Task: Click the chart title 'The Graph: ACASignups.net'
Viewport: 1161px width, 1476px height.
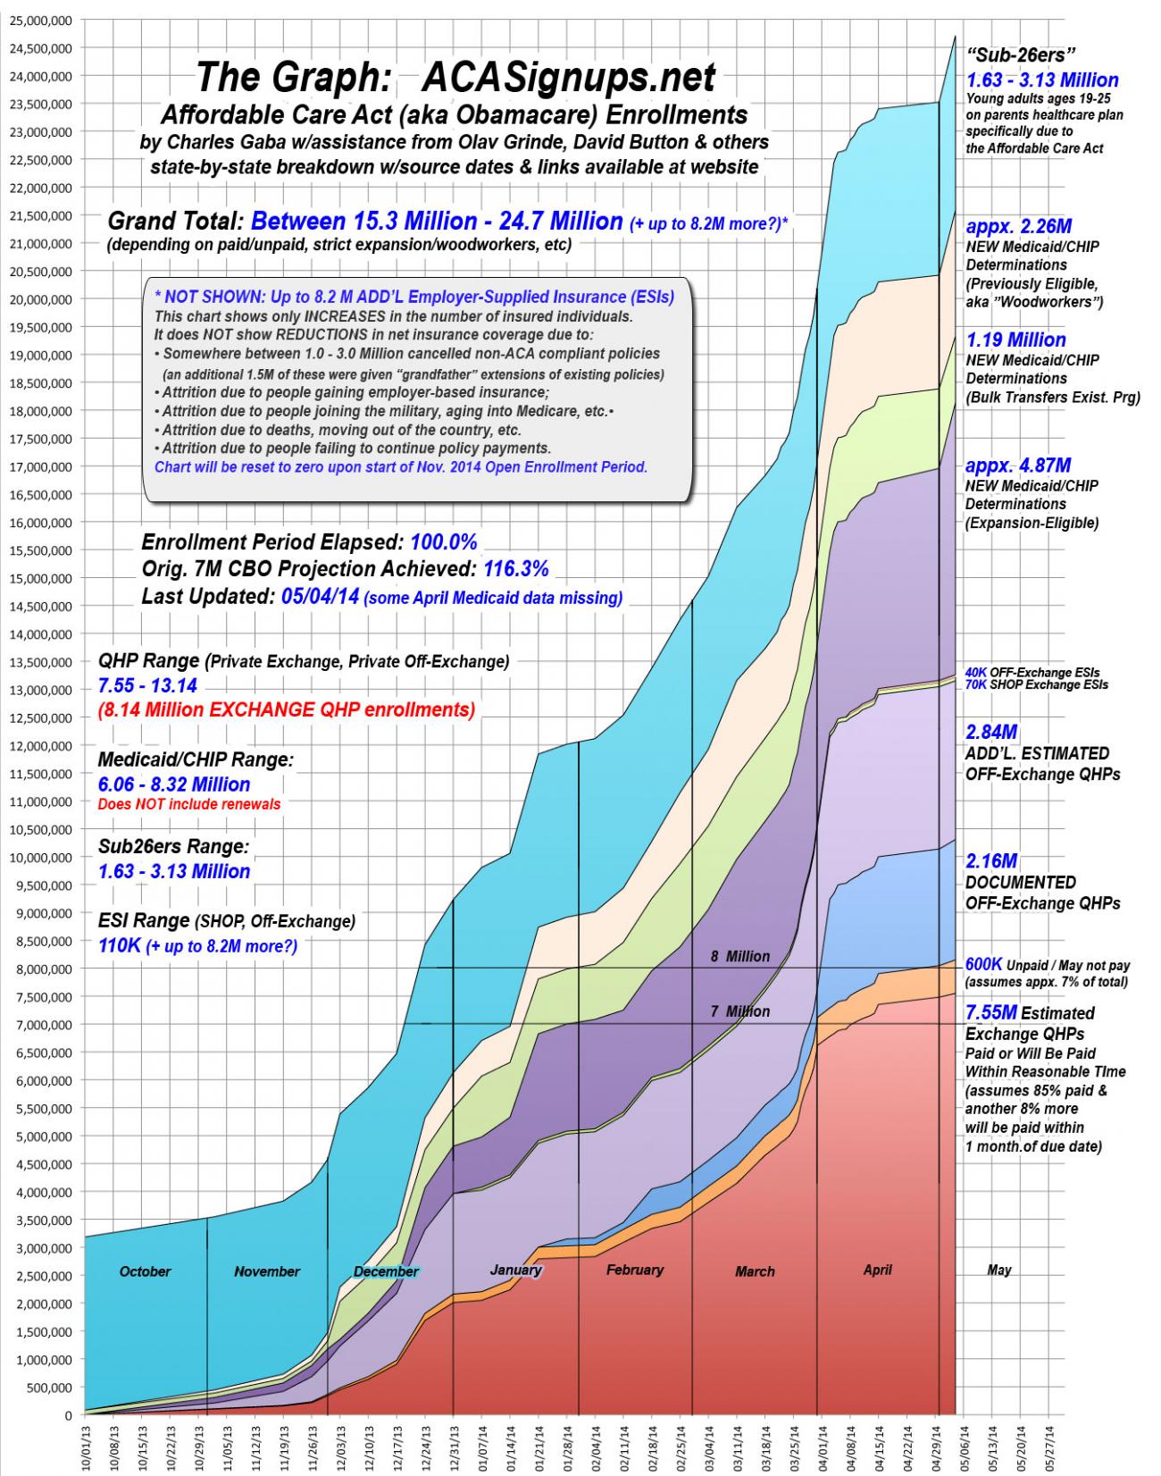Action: (455, 78)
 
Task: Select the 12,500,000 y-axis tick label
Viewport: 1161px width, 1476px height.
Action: (41, 717)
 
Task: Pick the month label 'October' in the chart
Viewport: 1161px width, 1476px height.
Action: (145, 1271)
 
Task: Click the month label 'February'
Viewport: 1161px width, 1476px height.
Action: (634, 1270)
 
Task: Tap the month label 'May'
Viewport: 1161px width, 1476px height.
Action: (998, 1270)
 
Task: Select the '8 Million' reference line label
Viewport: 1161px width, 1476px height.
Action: (739, 956)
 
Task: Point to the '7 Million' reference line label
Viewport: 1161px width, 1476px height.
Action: (739, 1011)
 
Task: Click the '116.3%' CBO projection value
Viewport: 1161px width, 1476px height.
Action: (515, 569)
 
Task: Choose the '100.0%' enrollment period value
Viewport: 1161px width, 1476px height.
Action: (444, 542)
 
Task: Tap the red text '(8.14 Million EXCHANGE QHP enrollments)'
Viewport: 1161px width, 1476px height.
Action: (286, 710)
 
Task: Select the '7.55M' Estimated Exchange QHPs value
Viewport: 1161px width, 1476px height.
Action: (991, 1013)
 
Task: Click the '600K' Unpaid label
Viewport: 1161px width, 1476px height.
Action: (983, 965)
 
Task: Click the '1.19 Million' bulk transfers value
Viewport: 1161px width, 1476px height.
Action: (1015, 340)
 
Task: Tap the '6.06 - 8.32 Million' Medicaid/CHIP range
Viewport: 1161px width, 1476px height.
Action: (173, 784)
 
